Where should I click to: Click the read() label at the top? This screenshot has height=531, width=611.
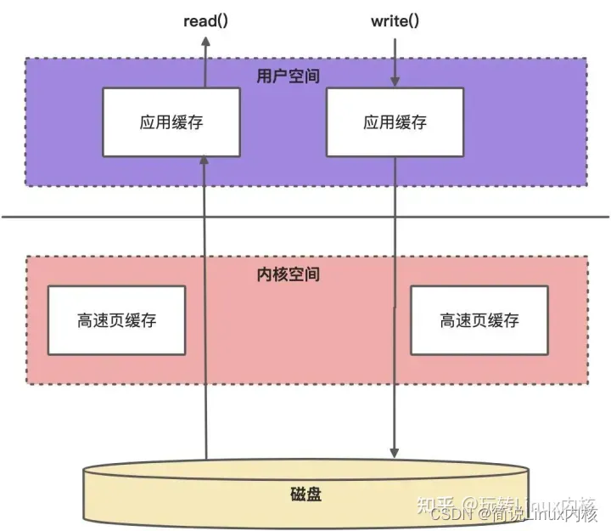[206, 21]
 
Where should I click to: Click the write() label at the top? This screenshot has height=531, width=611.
[395, 21]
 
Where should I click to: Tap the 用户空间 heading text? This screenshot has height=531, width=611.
[289, 76]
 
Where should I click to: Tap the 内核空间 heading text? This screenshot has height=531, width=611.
[288, 275]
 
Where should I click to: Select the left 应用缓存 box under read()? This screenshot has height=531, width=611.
[171, 121]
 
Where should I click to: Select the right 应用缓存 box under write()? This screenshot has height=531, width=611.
[395, 121]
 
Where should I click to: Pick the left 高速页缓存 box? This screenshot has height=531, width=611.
[117, 320]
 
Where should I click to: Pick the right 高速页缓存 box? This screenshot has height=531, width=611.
[479, 320]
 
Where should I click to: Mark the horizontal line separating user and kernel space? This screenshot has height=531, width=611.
[305, 216]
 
